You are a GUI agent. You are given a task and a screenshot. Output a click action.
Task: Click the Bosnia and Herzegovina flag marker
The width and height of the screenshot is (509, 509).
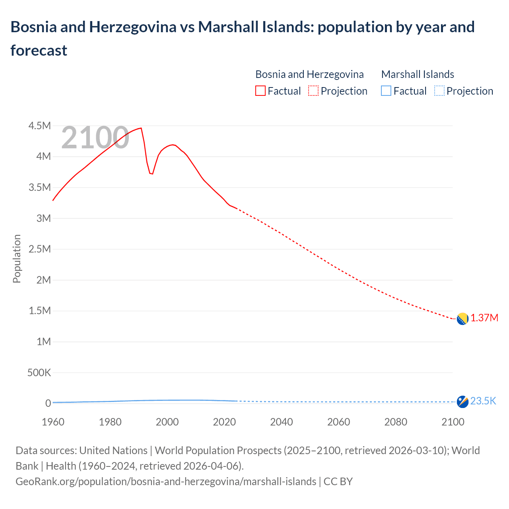pos(462,319)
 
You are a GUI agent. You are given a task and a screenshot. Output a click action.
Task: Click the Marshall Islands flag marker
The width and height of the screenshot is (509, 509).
pos(462,402)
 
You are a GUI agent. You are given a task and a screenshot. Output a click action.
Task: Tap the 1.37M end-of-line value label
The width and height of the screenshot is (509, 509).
pos(484,318)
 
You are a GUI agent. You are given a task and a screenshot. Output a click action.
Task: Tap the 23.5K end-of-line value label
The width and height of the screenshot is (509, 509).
pos(483,401)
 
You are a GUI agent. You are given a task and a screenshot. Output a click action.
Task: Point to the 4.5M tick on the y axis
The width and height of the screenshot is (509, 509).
pos(40,126)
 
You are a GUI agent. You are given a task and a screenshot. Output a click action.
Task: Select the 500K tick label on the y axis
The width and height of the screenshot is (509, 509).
pos(39,373)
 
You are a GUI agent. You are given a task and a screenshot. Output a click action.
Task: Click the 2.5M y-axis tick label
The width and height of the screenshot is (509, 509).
pos(40,249)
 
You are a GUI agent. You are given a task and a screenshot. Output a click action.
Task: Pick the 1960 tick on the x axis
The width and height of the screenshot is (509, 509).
pos(53,422)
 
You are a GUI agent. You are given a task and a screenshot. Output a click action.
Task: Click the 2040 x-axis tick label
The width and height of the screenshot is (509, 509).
pos(282,422)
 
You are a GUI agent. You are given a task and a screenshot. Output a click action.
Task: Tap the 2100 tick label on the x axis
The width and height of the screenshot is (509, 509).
pos(453,422)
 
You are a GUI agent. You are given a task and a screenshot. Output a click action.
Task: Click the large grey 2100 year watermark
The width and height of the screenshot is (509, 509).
pos(95,138)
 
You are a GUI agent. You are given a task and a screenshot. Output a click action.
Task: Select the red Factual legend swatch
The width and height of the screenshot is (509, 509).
pos(260,91)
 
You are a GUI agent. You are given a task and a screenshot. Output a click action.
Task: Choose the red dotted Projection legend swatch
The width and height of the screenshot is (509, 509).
pos(313,91)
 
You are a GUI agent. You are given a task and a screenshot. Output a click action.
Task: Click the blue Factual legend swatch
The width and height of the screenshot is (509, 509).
pos(386,91)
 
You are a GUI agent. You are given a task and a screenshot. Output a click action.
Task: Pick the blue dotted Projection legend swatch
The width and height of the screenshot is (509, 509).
pos(439,91)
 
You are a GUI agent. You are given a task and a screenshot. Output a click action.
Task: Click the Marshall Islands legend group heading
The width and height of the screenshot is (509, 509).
pos(418,74)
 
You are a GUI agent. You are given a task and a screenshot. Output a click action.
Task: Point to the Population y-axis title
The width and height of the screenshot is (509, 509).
pos(17,258)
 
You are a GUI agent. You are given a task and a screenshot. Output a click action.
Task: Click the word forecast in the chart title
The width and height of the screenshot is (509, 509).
pos(39,51)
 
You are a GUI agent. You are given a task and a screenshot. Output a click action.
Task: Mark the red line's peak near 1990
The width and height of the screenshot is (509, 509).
pos(141,128)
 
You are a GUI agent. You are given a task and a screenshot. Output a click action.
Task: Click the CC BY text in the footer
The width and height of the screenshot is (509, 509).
pos(338,482)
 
